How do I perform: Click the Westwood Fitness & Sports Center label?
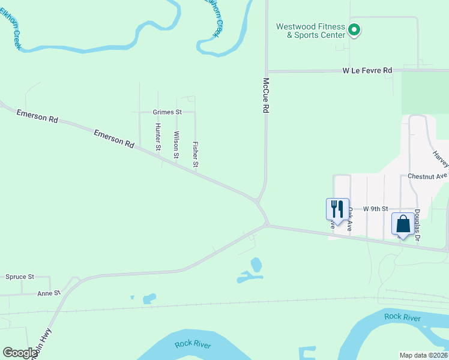[x=310, y=31]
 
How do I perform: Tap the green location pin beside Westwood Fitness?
[x=354, y=29]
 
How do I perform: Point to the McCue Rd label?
[x=265, y=95]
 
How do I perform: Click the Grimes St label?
[x=167, y=112]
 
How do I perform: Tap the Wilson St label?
[x=176, y=145]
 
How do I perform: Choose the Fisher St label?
[x=195, y=154]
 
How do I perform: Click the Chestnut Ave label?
[x=428, y=176]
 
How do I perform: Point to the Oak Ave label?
[x=349, y=220]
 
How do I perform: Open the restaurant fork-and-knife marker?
[x=337, y=209]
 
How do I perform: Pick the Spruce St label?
[x=20, y=277]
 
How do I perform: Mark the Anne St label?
[x=49, y=293]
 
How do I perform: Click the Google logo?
[x=20, y=353]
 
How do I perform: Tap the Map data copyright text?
[x=424, y=355]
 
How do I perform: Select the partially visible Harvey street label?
[x=441, y=158]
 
